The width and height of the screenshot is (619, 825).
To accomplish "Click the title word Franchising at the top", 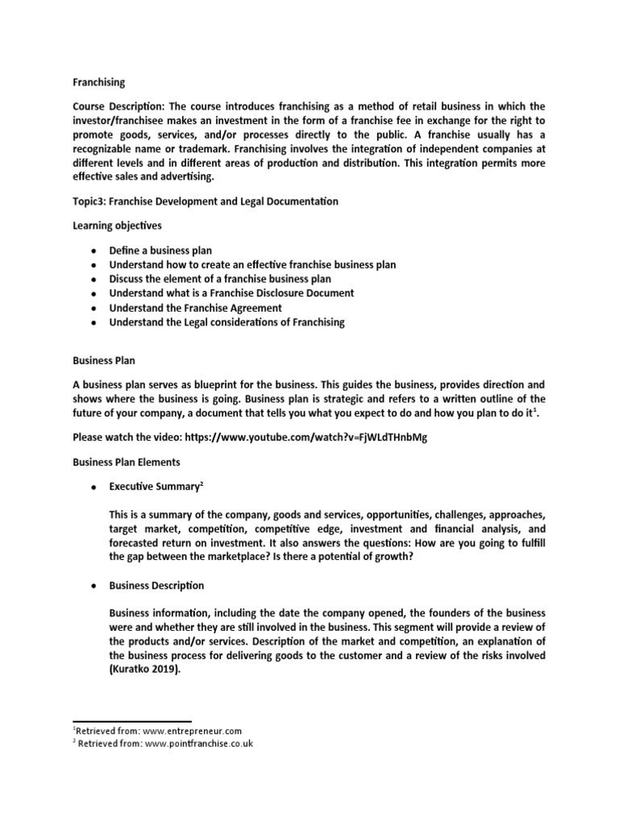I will tap(98, 82).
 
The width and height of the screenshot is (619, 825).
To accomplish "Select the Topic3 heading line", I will tap(205, 201).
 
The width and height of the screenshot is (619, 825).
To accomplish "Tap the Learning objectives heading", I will tap(117, 226).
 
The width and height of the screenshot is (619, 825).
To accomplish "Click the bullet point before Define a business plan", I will tap(93, 251).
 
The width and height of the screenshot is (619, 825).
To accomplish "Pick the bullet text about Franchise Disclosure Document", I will tap(231, 293).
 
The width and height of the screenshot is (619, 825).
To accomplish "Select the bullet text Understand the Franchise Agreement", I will tap(195, 308).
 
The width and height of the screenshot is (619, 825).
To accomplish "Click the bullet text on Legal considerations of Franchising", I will tap(226, 322).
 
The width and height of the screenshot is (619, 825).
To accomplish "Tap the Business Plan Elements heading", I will tap(127, 462).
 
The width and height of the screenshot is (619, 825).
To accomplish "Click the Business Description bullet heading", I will tap(156, 585).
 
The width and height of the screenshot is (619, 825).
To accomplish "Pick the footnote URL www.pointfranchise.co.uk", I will tap(198, 744).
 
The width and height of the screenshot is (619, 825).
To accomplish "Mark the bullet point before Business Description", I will tap(93, 586).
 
